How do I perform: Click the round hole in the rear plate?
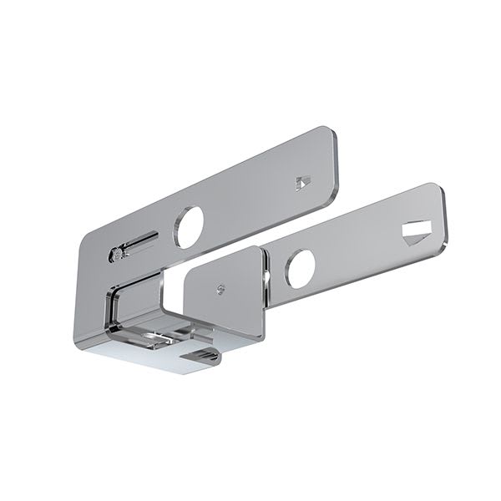coord(189,225)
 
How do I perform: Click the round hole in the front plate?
coord(300,269)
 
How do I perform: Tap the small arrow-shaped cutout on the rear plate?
coord(303,180)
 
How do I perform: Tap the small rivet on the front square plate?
coord(220,290)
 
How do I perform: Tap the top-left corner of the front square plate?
coord(187,272)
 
